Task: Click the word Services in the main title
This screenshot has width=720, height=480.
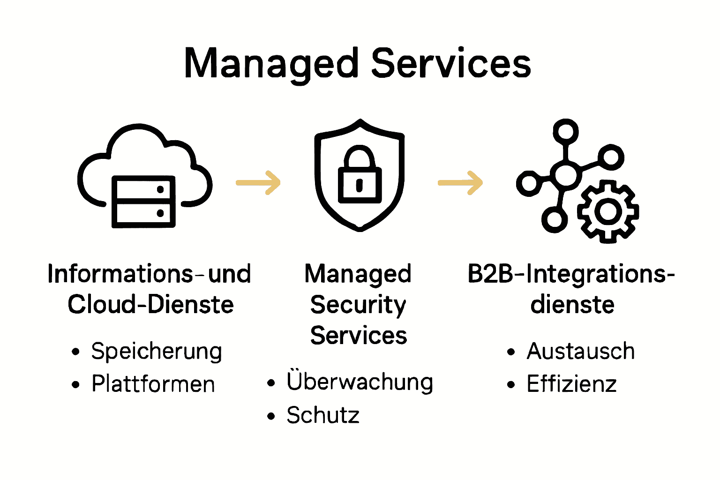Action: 451,64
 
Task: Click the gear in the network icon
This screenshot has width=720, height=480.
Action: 608,211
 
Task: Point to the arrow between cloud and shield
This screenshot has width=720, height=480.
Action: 258,182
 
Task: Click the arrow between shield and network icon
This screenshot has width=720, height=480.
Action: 460,182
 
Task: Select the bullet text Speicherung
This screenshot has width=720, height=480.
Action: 157,352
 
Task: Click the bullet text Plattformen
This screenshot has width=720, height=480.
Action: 153,384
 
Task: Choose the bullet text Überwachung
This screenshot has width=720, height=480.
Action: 360,382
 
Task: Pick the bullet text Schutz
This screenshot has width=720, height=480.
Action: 323,415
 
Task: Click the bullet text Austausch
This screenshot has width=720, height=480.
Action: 581,352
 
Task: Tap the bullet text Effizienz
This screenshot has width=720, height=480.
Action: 571,384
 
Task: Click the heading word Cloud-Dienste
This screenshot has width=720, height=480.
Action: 150,305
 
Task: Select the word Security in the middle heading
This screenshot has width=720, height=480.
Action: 358,305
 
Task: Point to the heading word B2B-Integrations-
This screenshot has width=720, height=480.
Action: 571,274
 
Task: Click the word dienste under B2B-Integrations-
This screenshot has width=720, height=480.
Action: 572,305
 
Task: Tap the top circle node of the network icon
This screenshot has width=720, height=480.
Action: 566,131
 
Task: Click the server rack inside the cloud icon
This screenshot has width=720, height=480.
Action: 143,202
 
